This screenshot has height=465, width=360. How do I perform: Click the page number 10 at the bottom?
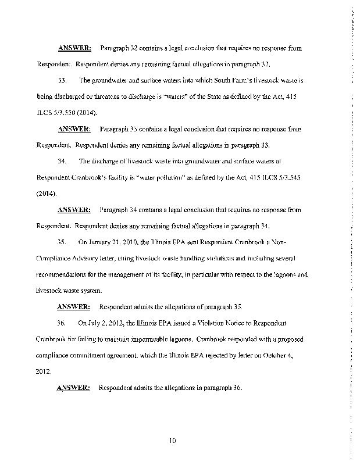(x=172, y=440)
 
